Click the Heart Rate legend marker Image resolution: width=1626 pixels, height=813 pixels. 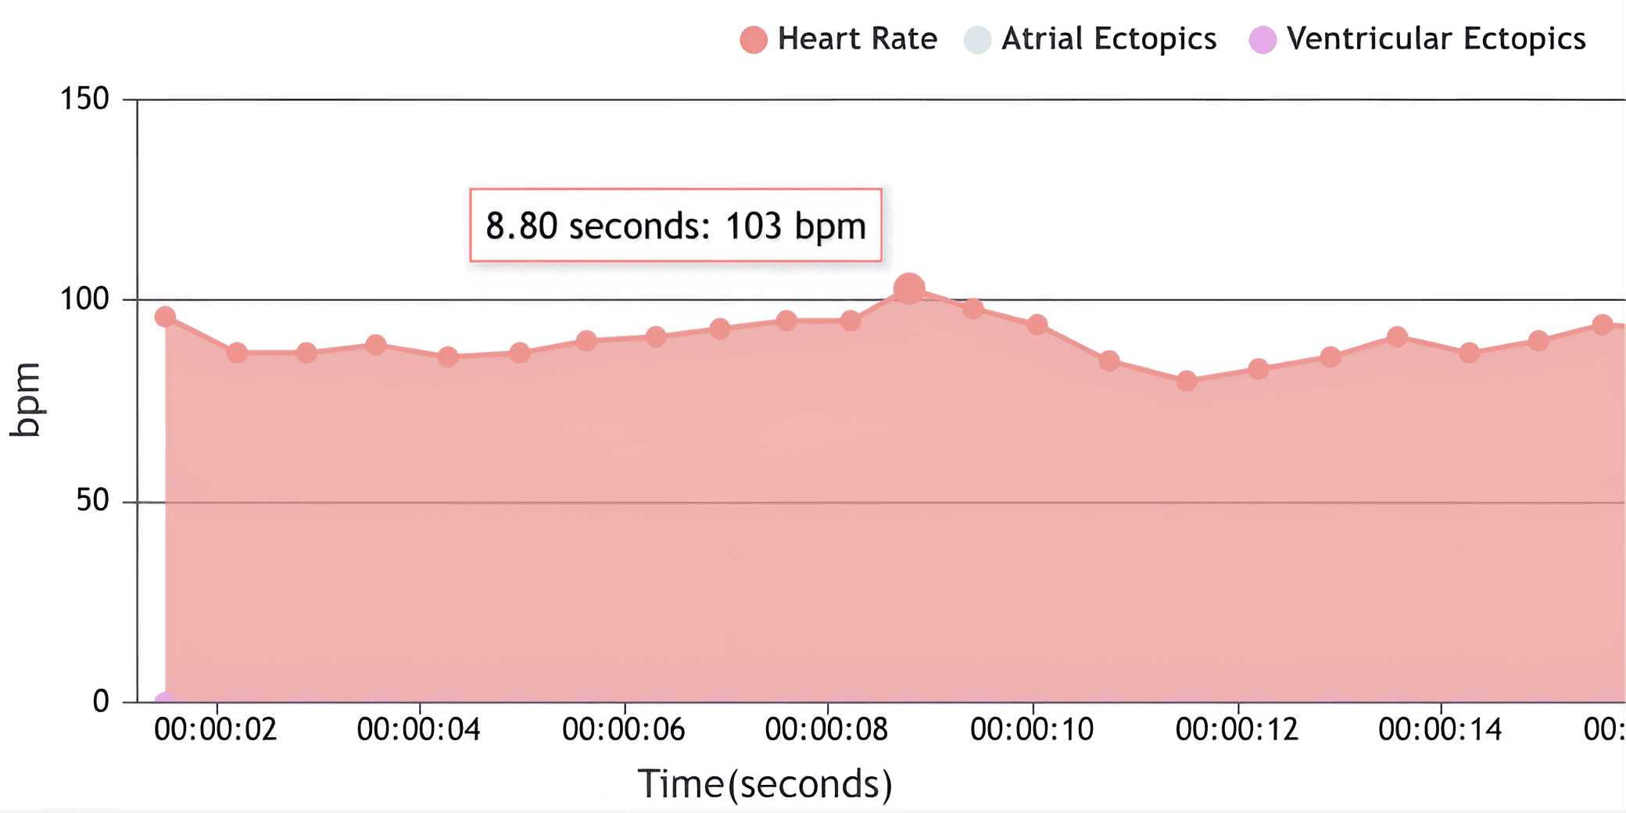click(x=754, y=40)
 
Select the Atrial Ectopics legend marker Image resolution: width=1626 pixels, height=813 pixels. click(x=977, y=40)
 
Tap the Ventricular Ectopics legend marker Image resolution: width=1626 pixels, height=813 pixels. click(x=1262, y=40)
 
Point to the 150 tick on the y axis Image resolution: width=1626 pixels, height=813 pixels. click(x=84, y=99)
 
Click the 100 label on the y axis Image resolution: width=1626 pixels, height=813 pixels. click(x=84, y=299)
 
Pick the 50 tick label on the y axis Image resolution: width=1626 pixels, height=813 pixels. click(x=92, y=500)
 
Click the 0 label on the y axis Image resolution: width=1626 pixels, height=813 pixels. click(x=101, y=701)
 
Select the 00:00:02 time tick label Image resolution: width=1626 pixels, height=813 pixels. click(x=216, y=729)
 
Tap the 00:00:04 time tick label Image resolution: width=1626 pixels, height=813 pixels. click(x=419, y=729)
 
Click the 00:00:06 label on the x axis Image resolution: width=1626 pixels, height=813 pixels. click(x=624, y=729)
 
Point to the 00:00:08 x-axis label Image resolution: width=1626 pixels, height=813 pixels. click(x=827, y=729)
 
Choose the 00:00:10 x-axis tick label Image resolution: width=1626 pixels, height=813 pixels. click(x=1032, y=729)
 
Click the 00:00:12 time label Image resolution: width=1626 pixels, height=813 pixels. click(x=1237, y=729)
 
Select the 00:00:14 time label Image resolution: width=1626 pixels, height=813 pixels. click(x=1440, y=729)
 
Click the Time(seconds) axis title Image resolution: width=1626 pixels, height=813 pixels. click(x=765, y=784)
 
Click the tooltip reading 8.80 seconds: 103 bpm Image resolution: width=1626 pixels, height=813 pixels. click(x=675, y=225)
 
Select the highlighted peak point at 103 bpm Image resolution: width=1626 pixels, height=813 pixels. click(x=908, y=289)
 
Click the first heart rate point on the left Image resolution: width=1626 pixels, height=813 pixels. click(x=165, y=317)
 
